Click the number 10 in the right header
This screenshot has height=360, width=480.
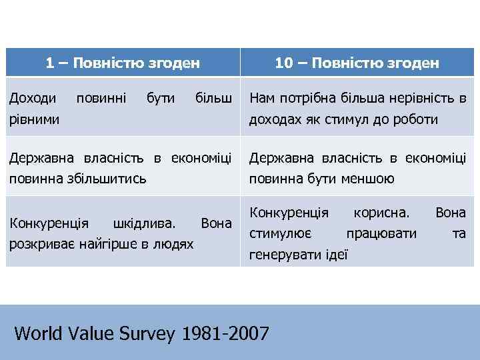click(x=283, y=63)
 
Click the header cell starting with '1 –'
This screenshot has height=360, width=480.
click(x=123, y=63)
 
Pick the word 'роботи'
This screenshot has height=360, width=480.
click(x=416, y=120)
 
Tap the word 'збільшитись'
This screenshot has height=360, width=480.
click(x=109, y=179)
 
